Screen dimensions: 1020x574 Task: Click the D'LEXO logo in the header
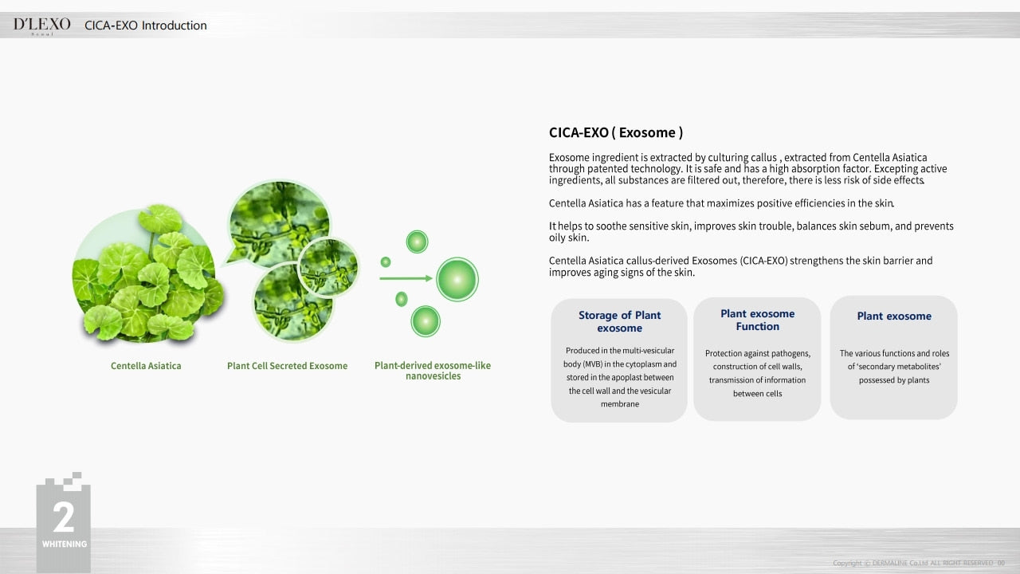coord(42,26)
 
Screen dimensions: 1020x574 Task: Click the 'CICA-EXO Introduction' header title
coord(146,26)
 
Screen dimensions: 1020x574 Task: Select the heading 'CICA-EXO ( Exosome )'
coord(616,132)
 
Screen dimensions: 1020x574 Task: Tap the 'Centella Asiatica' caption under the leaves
coord(146,366)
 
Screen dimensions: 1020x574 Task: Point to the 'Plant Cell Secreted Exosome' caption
coord(288,366)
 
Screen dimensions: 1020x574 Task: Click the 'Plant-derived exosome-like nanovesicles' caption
coord(433,371)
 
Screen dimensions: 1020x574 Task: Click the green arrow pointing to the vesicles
coord(406,278)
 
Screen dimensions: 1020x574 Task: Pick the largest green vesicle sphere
coord(457,279)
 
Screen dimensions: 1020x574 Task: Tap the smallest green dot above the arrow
coord(386,262)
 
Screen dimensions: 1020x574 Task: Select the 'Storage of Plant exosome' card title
coord(619,321)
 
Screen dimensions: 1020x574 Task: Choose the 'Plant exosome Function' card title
coord(757,320)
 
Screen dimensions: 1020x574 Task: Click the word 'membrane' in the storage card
coord(620,404)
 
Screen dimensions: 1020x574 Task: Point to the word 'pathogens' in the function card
coord(790,353)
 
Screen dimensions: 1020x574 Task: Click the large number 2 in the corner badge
coord(63,517)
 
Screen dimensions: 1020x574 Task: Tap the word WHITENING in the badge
coord(65,544)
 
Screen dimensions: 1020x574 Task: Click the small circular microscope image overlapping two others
coord(328,267)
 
